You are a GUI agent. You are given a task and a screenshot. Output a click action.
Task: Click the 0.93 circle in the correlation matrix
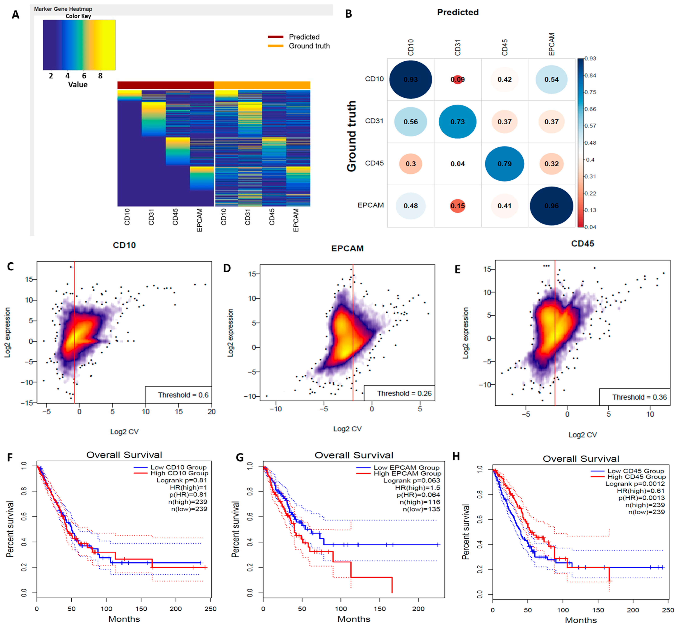pos(411,79)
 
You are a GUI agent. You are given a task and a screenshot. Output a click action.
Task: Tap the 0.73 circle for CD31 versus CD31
pos(457,122)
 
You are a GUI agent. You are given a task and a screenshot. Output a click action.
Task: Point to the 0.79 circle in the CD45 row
pos(504,164)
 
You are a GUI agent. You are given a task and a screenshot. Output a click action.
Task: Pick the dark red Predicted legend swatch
pos(276,37)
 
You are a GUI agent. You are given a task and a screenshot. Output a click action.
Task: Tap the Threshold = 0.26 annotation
pos(399,393)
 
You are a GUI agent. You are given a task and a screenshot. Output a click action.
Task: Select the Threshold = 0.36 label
pos(634,397)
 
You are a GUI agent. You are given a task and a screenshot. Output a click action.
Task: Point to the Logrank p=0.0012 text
pos(635,484)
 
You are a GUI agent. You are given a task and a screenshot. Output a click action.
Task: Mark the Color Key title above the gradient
pos(78,16)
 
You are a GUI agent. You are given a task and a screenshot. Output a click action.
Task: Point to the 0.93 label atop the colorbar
pos(590,59)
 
